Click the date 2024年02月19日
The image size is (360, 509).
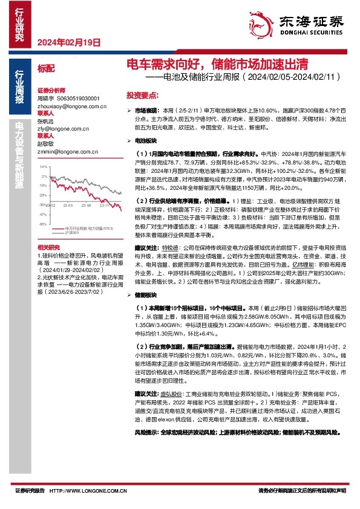[68, 42]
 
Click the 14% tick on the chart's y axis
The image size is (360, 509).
[42, 166]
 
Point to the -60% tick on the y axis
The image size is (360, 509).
[42, 207]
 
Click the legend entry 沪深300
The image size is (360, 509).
[72, 216]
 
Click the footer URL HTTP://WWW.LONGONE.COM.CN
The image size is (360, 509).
[88, 491]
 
